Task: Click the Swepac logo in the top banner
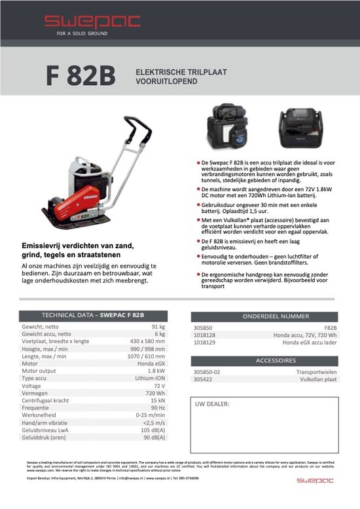[92, 22]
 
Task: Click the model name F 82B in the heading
[81, 76]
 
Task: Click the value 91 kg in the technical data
[158, 326]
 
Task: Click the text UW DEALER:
[212, 404]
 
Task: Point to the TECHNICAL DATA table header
[93, 315]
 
